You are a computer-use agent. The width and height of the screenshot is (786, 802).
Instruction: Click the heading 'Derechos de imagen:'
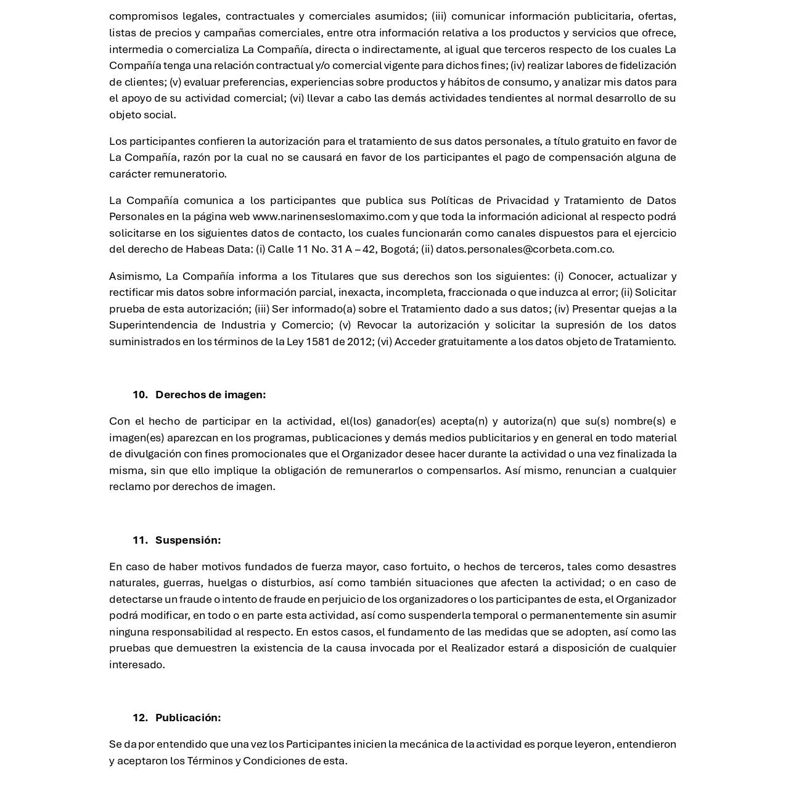[210, 395]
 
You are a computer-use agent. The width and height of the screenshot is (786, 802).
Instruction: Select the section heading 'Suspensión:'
[187, 540]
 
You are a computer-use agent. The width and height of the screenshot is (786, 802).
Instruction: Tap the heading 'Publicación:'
[187, 718]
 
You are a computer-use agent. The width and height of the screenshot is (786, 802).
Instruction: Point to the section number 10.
[140, 395]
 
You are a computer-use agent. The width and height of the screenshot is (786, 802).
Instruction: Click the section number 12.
[140, 718]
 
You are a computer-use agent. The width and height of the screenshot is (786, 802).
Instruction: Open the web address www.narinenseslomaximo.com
[331, 216]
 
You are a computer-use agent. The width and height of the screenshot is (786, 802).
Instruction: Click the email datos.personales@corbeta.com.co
[524, 249]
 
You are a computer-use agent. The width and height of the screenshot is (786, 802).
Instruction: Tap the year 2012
[359, 342]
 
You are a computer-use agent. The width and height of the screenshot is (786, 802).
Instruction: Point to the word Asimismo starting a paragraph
[135, 276]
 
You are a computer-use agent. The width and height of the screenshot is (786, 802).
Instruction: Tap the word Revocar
[378, 325]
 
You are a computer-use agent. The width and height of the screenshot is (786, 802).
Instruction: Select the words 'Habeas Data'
[219, 249]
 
